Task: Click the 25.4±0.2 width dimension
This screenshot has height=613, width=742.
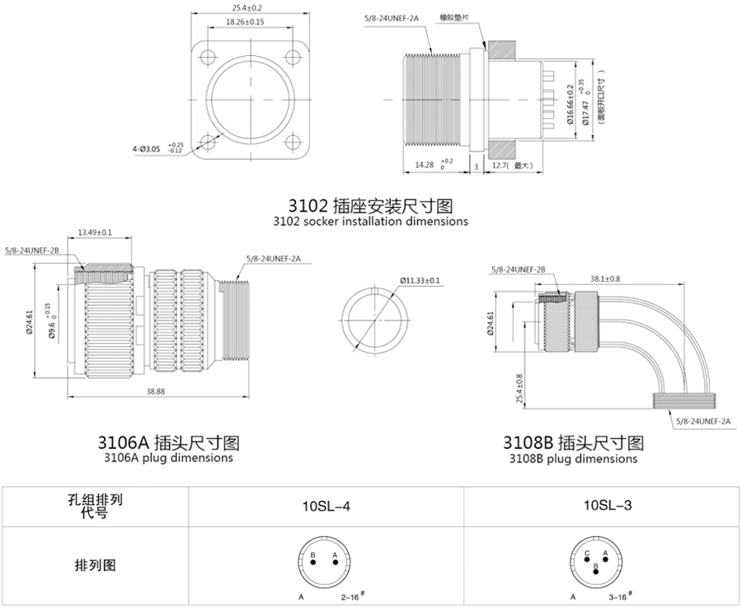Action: (247, 9)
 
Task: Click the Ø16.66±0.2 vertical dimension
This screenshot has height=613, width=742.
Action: (570, 104)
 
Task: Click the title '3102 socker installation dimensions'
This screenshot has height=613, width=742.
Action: (370, 221)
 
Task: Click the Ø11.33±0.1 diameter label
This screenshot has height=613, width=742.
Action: (420, 281)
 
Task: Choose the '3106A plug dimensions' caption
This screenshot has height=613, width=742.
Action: (169, 457)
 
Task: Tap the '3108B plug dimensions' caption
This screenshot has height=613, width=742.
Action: (573, 458)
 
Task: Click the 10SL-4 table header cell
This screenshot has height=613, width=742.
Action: (327, 505)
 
